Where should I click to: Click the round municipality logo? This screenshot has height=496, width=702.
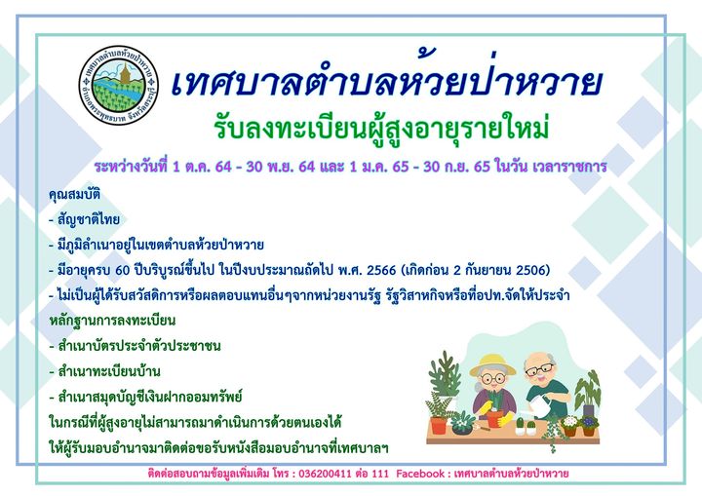pyautogui.click(x=119, y=85)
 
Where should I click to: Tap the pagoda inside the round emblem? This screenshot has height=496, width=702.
pyautogui.click(x=126, y=73)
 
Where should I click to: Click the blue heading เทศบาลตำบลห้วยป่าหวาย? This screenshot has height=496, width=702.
pyautogui.click(x=386, y=83)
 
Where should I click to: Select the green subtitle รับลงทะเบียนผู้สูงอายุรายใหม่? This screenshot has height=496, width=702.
pyautogui.click(x=381, y=128)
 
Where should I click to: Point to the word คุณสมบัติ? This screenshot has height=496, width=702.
pyautogui.click(x=75, y=195)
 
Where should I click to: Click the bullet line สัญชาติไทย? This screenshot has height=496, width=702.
pyautogui.click(x=84, y=220)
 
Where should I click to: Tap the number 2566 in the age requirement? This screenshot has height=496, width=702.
pyautogui.click(x=381, y=270)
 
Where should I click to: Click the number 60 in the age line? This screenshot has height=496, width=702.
pyautogui.click(x=123, y=270)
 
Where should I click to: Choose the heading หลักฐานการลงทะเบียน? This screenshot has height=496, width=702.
pyautogui.click(x=112, y=321)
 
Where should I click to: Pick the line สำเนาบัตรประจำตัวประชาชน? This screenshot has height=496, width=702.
pyautogui.click(x=135, y=346)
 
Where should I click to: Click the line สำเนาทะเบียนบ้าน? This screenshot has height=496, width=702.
pyautogui.click(x=104, y=371)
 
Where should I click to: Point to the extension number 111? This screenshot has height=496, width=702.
pyautogui.click(x=380, y=474)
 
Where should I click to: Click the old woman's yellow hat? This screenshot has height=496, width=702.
pyautogui.click(x=492, y=364)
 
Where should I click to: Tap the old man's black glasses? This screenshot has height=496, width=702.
pyautogui.click(x=540, y=369)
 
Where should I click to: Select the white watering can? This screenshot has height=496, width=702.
pyautogui.click(x=541, y=405)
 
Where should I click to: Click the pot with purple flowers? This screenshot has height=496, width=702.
pyautogui.click(x=589, y=426)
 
